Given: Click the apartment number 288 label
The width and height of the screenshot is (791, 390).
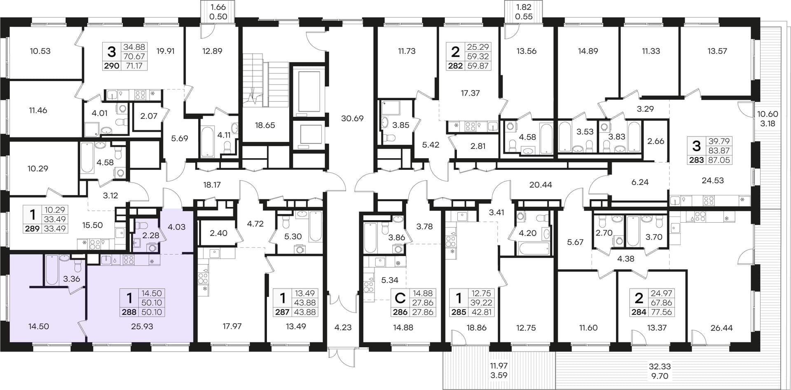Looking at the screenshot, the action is (129, 312).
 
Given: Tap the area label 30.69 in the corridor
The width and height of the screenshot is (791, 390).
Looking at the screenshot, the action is (352, 118).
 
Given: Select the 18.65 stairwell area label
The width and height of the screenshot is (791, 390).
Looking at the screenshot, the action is (264, 125).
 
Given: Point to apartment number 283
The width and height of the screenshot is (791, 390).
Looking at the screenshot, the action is (696, 160).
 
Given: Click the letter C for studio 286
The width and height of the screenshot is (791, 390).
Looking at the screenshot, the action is (400, 298).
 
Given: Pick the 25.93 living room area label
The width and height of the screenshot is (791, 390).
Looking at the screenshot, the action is (142, 327).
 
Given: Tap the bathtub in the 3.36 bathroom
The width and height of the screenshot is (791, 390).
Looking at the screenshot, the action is (52, 270).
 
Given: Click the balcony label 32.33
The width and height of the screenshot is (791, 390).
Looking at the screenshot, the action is (660, 366).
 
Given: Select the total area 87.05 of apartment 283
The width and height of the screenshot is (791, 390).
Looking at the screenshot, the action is (719, 160).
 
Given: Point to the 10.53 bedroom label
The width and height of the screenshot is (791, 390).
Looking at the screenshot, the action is (40, 51).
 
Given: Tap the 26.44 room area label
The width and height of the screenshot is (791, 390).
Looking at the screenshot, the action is (722, 328).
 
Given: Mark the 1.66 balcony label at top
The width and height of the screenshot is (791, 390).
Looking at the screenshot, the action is (218, 7).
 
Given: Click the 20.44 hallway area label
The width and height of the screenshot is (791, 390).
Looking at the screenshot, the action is (541, 185).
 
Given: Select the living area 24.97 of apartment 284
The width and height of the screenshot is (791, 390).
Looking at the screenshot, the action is (661, 293).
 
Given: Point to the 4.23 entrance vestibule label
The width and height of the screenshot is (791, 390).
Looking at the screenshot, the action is (343, 327).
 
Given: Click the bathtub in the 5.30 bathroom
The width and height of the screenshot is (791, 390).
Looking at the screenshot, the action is (315, 226).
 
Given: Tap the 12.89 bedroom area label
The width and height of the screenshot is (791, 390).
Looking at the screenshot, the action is (212, 51).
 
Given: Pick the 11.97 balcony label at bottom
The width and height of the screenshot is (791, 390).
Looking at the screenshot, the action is (499, 366).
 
